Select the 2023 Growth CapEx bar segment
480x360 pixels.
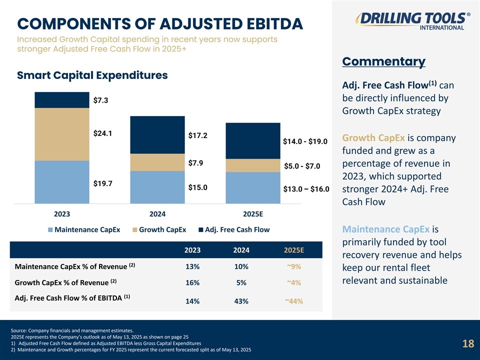click(62, 134)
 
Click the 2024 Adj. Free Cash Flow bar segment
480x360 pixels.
click(157, 134)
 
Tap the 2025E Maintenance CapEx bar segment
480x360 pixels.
click(252, 188)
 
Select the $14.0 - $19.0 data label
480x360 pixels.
click(305, 141)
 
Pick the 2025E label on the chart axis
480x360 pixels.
click(252, 214)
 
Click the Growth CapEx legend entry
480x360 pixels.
click(159, 230)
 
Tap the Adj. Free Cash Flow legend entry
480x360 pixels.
click(233, 230)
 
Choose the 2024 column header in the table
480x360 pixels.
click(241, 250)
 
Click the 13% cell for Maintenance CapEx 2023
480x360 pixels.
click(192, 266)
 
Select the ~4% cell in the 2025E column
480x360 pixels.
click(294, 282)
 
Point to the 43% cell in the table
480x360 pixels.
click(241, 301)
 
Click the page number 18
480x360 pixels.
click(468, 343)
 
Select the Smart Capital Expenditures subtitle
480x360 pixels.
click(92, 75)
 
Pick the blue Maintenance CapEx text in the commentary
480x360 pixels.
click(385, 229)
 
